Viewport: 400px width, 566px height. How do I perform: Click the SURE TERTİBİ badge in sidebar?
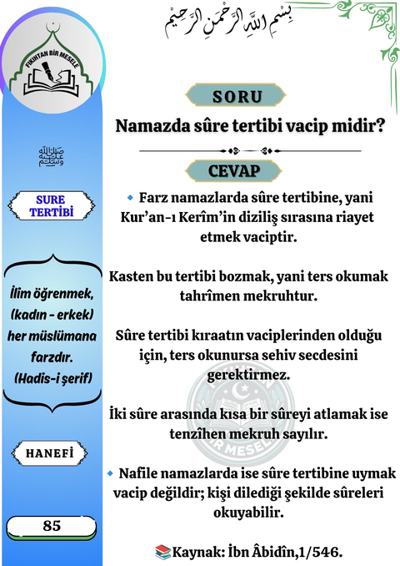pyautogui.click(x=52, y=205)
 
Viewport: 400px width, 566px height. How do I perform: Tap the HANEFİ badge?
pyautogui.click(x=52, y=452)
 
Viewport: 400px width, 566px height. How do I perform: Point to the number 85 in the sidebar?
pyautogui.click(x=52, y=526)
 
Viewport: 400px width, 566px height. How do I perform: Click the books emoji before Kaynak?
pyautogui.click(x=162, y=552)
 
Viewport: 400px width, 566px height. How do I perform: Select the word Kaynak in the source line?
pyautogui.click(x=200, y=552)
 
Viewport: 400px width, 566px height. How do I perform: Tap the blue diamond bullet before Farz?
pyautogui.click(x=130, y=198)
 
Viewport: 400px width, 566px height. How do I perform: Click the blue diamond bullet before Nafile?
pyautogui.click(x=111, y=473)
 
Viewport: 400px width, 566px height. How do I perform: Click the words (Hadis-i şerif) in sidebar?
pyautogui.click(x=52, y=378)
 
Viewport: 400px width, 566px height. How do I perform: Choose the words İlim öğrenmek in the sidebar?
pyautogui.click(x=52, y=297)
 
